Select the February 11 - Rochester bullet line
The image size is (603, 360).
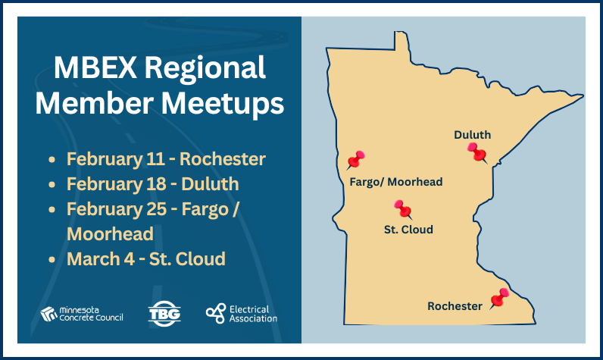(x=166, y=160)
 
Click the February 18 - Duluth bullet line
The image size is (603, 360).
(x=152, y=184)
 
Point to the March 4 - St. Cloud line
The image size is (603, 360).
(x=146, y=258)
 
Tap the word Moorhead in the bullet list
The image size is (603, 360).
(x=110, y=233)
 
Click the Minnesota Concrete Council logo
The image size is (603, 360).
(x=82, y=314)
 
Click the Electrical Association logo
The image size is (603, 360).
(x=242, y=313)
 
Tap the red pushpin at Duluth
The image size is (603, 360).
(x=477, y=152)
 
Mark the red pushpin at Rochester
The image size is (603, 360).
(x=499, y=298)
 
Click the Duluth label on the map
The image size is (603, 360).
(x=472, y=135)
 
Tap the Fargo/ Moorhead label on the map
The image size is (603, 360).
(x=395, y=182)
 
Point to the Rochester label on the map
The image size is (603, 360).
(x=455, y=306)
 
